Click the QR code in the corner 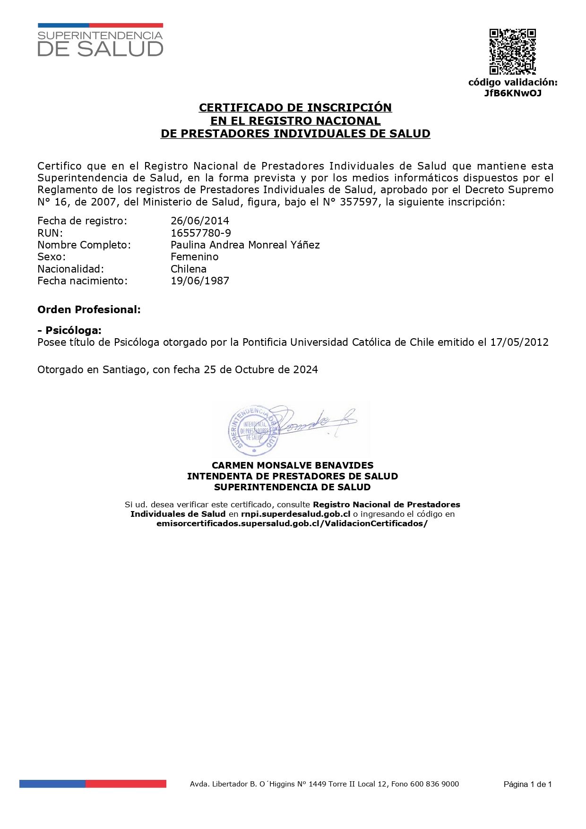point(512,51)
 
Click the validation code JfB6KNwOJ point(513,93)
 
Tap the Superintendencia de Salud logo point(100,41)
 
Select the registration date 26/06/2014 point(200,221)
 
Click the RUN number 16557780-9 point(201,233)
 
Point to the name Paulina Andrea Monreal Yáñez point(245,245)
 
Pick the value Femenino point(195,256)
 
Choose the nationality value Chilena point(189,269)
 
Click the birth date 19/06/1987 point(200,281)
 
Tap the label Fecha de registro point(82,221)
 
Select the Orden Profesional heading point(89,310)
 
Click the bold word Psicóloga point(73,330)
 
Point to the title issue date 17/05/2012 point(519,342)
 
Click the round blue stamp point(253,429)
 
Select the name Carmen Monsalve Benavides point(293,465)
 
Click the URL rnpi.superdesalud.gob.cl point(295,514)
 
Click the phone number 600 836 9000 point(435,784)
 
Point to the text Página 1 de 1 point(527,785)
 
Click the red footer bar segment point(126,784)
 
